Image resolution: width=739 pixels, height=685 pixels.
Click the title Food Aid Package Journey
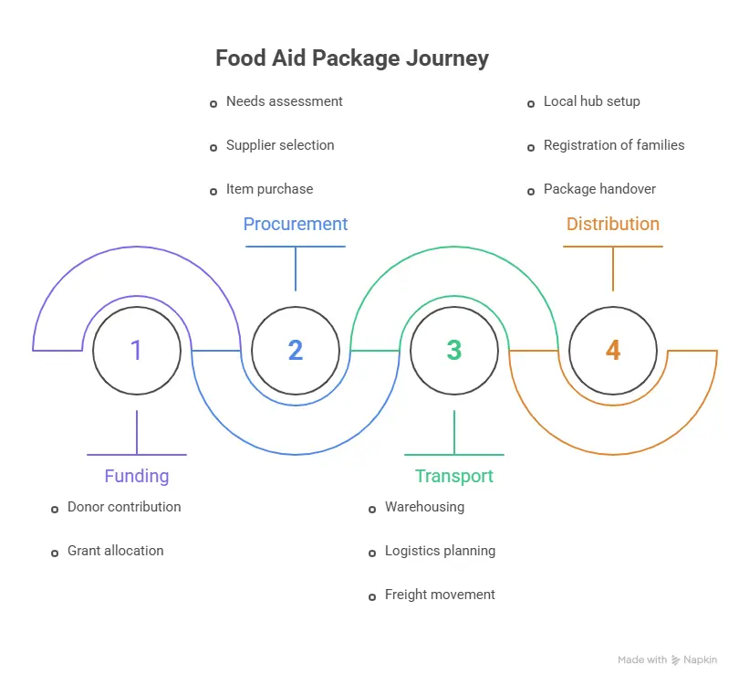coord(352,58)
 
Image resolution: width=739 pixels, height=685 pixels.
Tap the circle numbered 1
coord(137,351)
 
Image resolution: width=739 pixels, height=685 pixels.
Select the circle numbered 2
coord(296,351)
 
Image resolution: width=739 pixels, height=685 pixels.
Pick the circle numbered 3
coord(454,351)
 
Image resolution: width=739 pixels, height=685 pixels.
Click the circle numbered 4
coord(613,351)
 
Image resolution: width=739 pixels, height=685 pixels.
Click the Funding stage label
coord(137,476)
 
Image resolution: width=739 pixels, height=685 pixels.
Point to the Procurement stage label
coord(296,224)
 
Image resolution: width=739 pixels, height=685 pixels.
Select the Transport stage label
coord(454,476)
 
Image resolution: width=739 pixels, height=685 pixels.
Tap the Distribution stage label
coord(613,224)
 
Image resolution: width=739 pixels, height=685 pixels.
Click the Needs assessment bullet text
coord(285,101)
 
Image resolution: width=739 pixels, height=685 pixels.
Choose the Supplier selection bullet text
coord(280,145)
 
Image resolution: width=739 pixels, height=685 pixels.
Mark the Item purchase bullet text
coord(269,189)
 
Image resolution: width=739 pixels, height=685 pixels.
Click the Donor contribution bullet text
coord(124,507)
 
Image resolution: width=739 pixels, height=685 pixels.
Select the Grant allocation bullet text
coord(116,551)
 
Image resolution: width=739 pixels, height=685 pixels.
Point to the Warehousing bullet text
coord(424,507)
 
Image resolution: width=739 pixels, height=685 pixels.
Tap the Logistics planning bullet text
coord(440,551)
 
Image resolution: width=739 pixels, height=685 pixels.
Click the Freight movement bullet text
coord(440,595)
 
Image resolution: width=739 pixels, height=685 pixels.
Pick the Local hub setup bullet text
coord(591,101)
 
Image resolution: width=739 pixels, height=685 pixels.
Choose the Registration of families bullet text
coord(614,145)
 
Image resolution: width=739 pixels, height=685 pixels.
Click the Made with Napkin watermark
coord(667,659)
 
